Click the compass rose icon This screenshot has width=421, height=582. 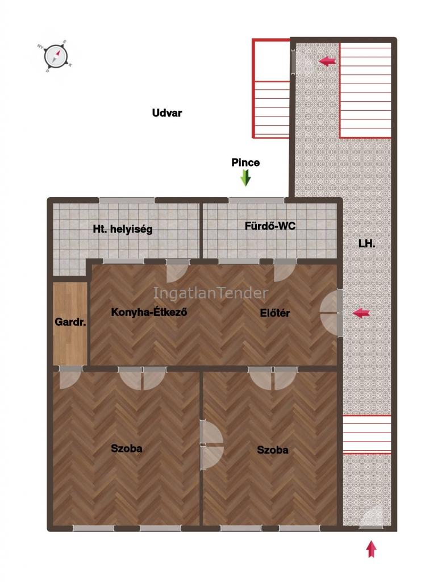[56, 57]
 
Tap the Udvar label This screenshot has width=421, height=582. [167, 113]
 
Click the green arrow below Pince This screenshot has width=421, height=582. [245, 178]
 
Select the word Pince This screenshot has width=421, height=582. [245, 162]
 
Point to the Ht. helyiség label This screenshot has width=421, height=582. [123, 229]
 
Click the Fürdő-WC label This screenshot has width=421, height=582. [270, 226]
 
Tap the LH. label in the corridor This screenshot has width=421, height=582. [367, 243]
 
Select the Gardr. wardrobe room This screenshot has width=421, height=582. [70, 323]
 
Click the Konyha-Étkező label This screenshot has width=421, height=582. [149, 312]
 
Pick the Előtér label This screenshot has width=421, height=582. [275, 313]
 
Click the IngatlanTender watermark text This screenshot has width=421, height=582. [211, 293]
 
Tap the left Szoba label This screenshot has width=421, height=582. [127, 448]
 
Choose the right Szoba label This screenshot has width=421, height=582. [273, 450]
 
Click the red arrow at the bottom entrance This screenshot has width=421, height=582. [372, 549]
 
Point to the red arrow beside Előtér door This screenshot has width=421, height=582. [361, 313]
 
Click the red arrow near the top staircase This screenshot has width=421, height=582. [327, 61]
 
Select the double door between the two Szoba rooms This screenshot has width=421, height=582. [211, 444]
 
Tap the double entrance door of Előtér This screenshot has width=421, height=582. [331, 313]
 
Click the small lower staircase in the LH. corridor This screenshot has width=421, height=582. [367, 435]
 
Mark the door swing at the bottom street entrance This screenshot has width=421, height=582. [372, 517]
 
